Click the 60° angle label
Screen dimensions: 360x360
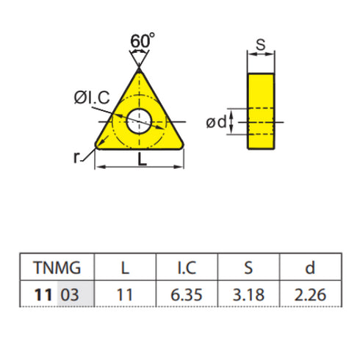click(x=143, y=41)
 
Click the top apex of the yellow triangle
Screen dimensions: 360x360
click(x=138, y=69)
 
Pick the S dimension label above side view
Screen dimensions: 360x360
click(x=260, y=44)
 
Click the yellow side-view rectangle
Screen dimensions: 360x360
click(x=261, y=110)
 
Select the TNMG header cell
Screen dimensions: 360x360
click(x=56, y=266)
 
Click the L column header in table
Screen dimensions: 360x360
click(x=125, y=266)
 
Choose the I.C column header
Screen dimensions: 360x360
click(x=187, y=266)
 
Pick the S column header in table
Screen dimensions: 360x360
click(x=249, y=266)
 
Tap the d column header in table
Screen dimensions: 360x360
click(x=310, y=266)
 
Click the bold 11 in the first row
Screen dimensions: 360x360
click(x=43, y=294)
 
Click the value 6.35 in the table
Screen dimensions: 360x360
click(x=187, y=294)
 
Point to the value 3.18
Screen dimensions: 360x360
click(x=249, y=294)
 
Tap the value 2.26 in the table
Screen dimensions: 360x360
click(x=310, y=294)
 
